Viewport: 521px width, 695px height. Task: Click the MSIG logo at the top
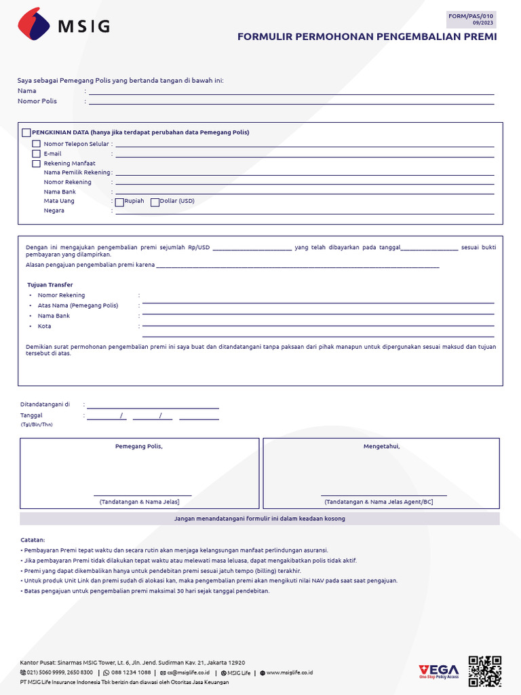click(x=63, y=26)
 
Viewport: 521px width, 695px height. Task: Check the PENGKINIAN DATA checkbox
click(x=26, y=133)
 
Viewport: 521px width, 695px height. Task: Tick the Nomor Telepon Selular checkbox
click(x=37, y=144)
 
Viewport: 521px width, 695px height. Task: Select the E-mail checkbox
click(x=37, y=154)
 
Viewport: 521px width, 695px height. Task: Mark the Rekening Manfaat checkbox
click(x=37, y=164)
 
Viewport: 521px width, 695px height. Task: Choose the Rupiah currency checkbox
click(x=119, y=202)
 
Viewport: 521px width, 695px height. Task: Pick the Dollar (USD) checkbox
click(x=155, y=202)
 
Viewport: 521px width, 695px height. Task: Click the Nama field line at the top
click(x=292, y=94)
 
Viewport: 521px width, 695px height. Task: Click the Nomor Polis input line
click(x=292, y=104)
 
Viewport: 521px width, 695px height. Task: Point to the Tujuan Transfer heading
click(x=50, y=285)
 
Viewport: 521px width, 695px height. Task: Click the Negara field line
click(x=305, y=214)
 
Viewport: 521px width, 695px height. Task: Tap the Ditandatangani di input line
click(x=153, y=408)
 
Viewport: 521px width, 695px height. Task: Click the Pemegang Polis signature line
click(x=142, y=495)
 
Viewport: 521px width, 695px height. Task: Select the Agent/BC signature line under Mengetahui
click(x=383, y=495)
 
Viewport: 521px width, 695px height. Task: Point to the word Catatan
click(x=33, y=540)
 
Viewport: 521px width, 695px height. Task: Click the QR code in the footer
click(x=484, y=671)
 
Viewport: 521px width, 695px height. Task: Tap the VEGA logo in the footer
click(x=439, y=671)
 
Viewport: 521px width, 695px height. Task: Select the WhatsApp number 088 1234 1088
click(x=131, y=673)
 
